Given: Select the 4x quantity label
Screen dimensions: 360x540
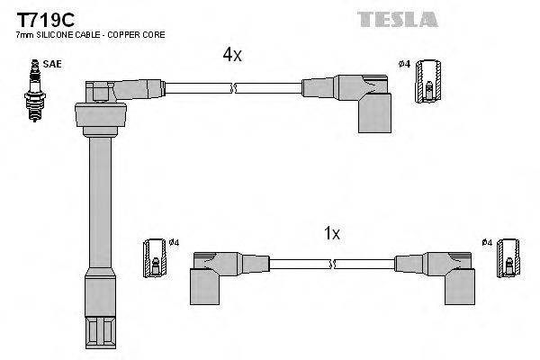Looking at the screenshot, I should click(232, 56).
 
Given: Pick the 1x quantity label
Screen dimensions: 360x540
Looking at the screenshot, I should click(331, 233).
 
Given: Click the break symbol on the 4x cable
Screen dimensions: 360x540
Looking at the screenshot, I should click(234, 88).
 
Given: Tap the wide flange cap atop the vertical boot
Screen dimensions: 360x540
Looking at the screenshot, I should click(98, 113).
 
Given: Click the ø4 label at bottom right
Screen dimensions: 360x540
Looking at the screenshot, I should click(486, 242).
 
